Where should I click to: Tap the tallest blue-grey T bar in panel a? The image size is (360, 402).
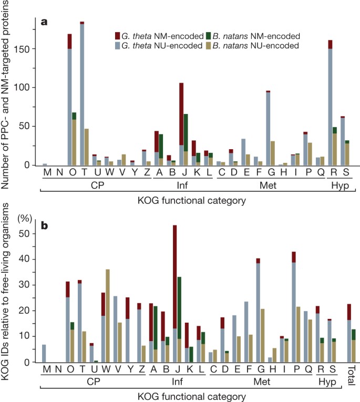(x=82, y=95)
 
